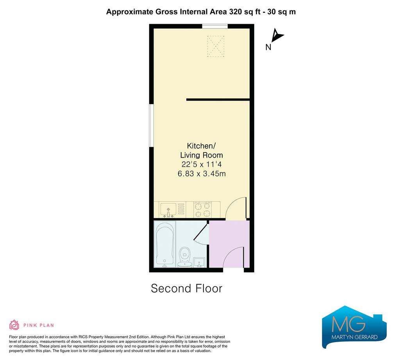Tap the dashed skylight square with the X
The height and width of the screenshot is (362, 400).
(216, 46)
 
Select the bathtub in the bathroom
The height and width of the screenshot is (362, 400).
(164, 244)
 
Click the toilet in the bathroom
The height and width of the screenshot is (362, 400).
(185, 257)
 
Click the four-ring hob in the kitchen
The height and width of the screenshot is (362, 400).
(203, 209)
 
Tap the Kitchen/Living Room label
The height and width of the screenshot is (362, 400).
(202, 150)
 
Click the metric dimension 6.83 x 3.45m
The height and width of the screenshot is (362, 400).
(202, 174)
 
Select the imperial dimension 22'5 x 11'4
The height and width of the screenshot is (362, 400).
(202, 164)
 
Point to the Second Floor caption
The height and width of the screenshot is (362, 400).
(186, 288)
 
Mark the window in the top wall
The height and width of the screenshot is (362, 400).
(215, 26)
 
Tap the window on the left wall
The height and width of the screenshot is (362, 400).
(151, 125)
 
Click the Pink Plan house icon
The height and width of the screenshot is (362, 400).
(14, 325)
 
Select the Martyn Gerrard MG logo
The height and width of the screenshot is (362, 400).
(354, 327)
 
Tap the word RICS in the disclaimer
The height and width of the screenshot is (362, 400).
(84, 337)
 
